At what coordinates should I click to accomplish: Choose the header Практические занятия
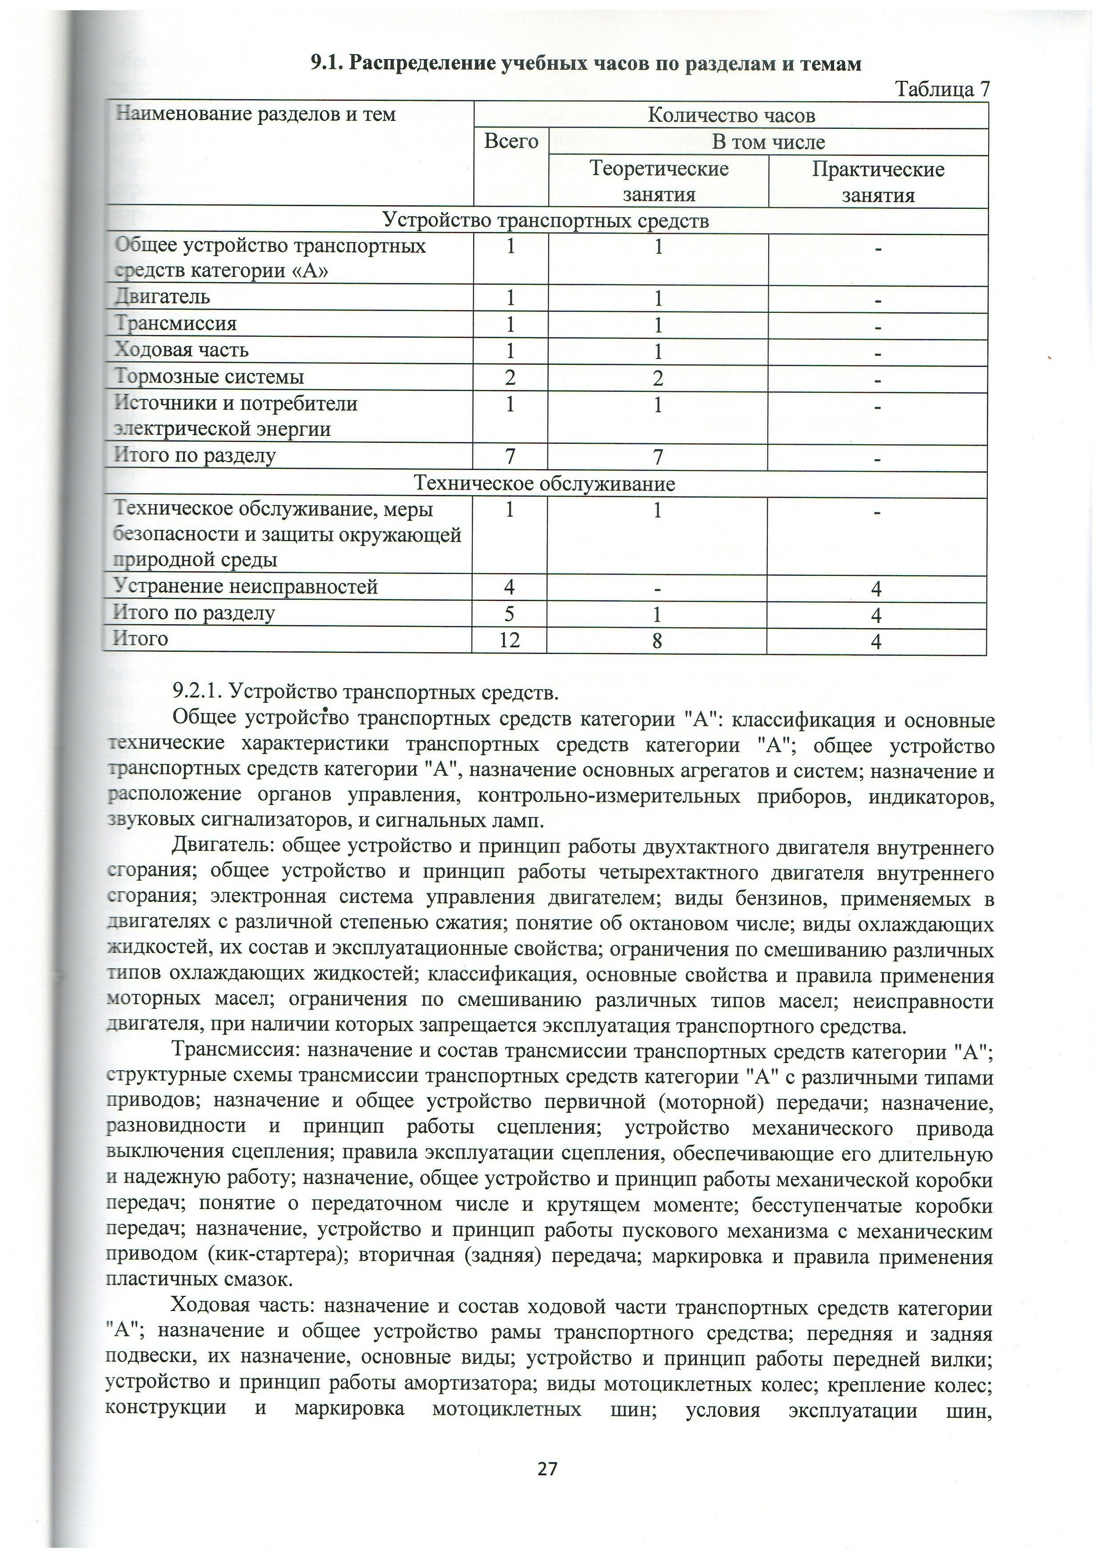click(878, 181)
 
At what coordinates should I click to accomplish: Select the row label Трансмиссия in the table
click(175, 323)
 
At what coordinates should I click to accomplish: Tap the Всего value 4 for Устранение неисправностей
click(510, 587)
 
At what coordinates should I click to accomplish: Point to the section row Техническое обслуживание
click(545, 484)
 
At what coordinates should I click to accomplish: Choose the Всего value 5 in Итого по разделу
click(510, 614)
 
